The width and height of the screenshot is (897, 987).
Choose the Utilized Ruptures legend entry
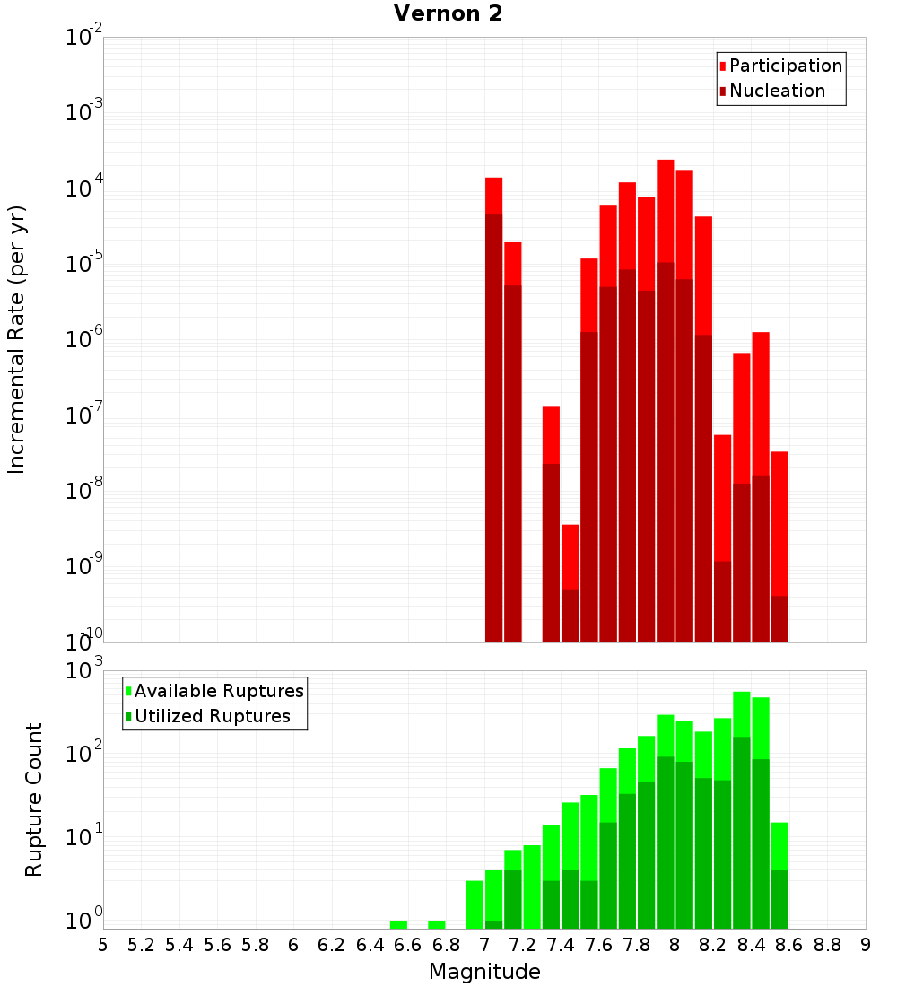pos(212,716)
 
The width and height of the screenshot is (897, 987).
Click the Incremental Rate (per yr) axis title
pos(17,340)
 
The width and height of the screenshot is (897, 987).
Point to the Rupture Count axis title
pos(34,799)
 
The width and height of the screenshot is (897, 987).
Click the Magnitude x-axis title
pos(484,972)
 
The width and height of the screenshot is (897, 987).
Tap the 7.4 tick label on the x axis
pos(561,944)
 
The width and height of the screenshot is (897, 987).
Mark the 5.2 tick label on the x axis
pos(141,944)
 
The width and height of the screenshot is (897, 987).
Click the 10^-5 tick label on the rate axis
pos(84,265)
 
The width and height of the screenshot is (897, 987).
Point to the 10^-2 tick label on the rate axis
pos(84,38)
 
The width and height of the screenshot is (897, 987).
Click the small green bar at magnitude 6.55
pos(398,924)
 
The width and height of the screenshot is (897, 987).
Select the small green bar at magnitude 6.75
pos(437,924)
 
